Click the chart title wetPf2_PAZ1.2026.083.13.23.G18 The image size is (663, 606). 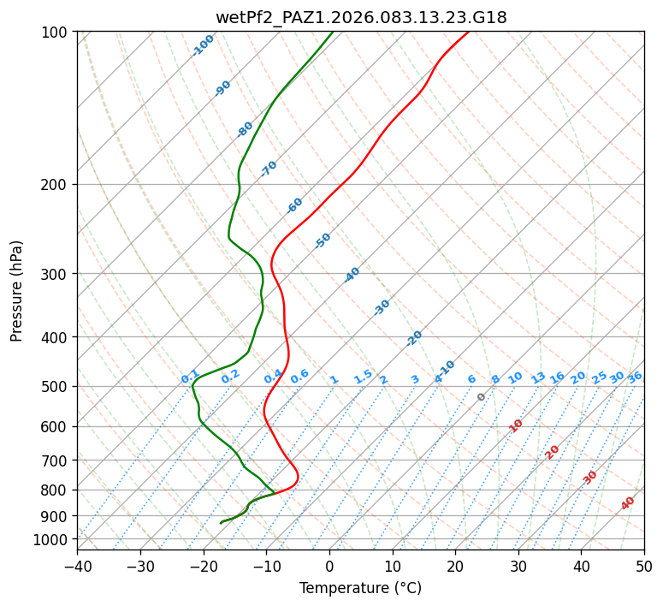(x=360, y=17)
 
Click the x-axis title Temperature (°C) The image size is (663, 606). (x=360, y=589)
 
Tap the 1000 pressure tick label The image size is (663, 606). (x=50, y=539)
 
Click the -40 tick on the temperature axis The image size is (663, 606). (x=77, y=567)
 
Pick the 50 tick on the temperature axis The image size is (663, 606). (x=644, y=567)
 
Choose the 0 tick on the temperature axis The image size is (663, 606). (x=329, y=567)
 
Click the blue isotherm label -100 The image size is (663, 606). (x=204, y=45)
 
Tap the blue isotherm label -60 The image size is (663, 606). (x=295, y=205)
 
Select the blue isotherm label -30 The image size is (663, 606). (x=382, y=307)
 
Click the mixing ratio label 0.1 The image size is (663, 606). (x=190, y=377)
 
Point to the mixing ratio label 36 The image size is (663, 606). (x=635, y=377)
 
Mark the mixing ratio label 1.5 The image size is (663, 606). (x=363, y=377)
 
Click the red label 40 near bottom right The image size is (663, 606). (x=628, y=504)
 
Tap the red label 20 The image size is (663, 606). (x=553, y=451)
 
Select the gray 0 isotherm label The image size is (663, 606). (x=482, y=397)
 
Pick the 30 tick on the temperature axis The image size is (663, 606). (x=518, y=567)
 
